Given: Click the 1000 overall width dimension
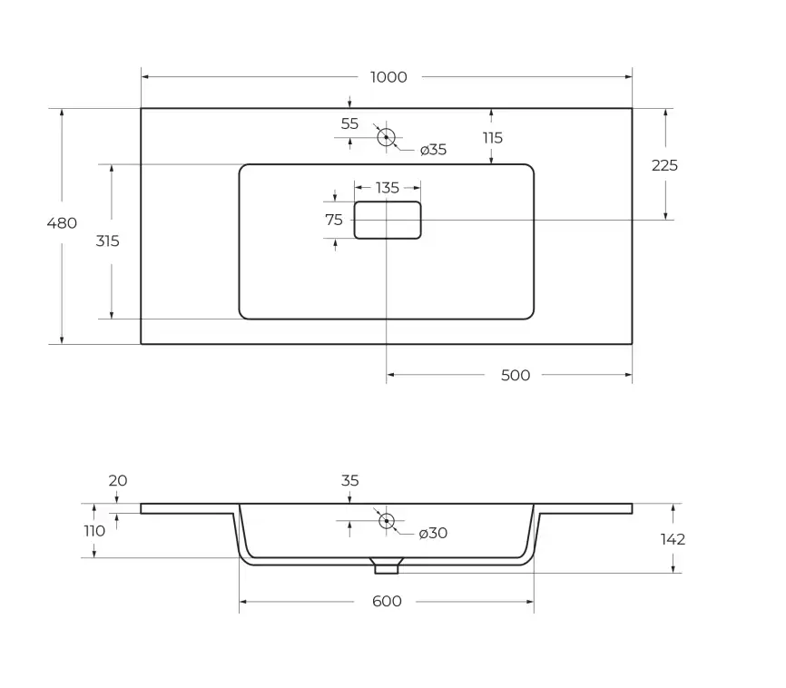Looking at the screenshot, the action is (x=388, y=77).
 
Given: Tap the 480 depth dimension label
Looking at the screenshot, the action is (x=62, y=223).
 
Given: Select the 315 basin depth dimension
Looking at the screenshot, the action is (x=108, y=241).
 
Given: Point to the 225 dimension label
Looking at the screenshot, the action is (x=664, y=165).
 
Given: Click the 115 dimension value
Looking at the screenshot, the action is (x=493, y=138).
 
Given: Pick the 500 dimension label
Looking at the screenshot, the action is (x=516, y=376).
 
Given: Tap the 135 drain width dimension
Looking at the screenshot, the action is (x=388, y=188).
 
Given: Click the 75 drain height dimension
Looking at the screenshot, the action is (x=334, y=220).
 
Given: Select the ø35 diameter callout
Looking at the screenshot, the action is (x=433, y=150).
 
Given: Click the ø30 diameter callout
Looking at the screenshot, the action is (x=433, y=533).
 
